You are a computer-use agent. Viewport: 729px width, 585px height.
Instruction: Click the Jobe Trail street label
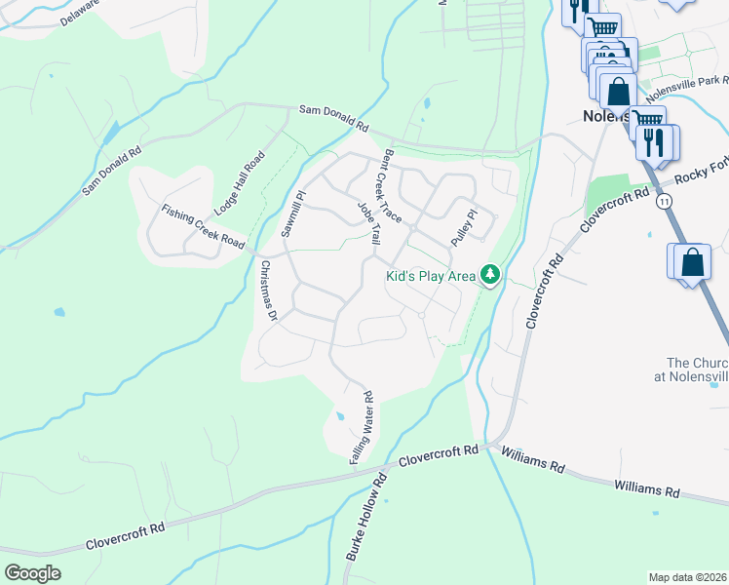coord(368,223)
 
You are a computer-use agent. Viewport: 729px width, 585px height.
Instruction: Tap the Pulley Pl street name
coord(463,227)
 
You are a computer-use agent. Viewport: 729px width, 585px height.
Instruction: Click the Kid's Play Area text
coord(431,277)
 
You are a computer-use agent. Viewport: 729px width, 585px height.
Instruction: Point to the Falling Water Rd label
coord(362,426)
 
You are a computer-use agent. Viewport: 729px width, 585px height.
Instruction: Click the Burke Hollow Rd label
coord(365,517)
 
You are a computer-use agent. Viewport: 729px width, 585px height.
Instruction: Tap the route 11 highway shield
coord(664,200)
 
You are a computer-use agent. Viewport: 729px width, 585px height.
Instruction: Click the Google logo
coord(33,572)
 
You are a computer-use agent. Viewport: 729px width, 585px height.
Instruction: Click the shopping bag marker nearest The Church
coord(691,262)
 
